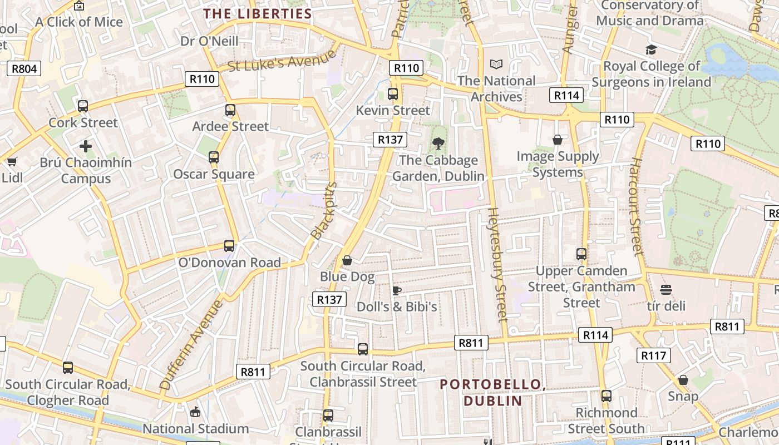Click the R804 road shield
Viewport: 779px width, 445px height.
pyautogui.click(x=24, y=69)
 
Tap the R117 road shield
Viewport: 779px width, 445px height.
pyautogui.click(x=653, y=355)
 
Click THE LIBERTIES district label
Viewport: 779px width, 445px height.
pyautogui.click(x=257, y=14)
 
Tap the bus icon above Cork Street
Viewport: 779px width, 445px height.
pyautogui.click(x=83, y=106)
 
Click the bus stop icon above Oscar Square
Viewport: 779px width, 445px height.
pyautogui.click(x=214, y=157)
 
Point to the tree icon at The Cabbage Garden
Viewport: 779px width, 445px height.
pyautogui.click(x=438, y=144)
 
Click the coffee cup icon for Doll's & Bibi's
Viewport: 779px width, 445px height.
pyautogui.click(x=397, y=290)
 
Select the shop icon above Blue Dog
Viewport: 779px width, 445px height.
pyautogui.click(x=347, y=260)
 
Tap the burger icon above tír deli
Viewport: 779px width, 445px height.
pyautogui.click(x=666, y=290)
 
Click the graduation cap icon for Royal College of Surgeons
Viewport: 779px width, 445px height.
pyautogui.click(x=651, y=50)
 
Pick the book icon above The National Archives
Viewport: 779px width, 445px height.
pyautogui.click(x=496, y=65)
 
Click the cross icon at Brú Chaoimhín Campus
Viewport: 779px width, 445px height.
pyautogui.click(x=86, y=146)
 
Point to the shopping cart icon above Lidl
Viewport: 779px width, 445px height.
pyautogui.click(x=12, y=162)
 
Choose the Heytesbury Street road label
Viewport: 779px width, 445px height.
pyautogui.click(x=497, y=264)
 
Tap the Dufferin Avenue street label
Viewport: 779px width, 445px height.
pyautogui.click(x=191, y=345)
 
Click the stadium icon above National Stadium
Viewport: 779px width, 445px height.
pyautogui.click(x=195, y=412)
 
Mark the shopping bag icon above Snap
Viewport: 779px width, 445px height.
pyautogui.click(x=683, y=380)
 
